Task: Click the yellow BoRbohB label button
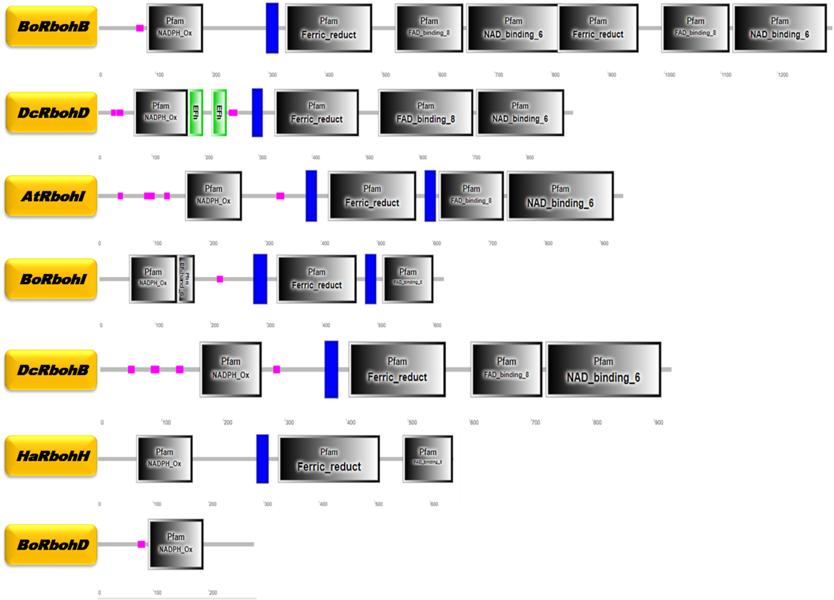[x=51, y=26]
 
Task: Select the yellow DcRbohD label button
[x=51, y=113]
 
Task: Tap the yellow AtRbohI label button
[x=51, y=196]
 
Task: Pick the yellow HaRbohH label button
[x=51, y=456]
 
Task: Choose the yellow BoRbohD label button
[x=51, y=545]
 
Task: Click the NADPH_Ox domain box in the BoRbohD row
[x=176, y=544]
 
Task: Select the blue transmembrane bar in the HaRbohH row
[x=262, y=459]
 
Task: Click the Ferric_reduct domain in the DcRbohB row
[x=397, y=369]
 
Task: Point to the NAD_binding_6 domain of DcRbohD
[x=520, y=113]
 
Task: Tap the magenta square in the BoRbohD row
[x=141, y=544]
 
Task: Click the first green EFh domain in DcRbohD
[x=196, y=113]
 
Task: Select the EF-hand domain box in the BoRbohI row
[x=186, y=279]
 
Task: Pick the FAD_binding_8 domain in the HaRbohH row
[x=428, y=459]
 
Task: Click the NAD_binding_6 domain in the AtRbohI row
[x=560, y=196]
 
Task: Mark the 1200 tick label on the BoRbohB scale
[x=783, y=75]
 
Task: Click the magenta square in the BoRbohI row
[x=220, y=279]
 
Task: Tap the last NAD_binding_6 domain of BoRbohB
[x=779, y=28]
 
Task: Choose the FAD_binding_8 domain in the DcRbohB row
[x=506, y=369]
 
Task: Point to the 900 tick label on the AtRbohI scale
[x=604, y=243]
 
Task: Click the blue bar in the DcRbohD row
[x=257, y=113]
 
